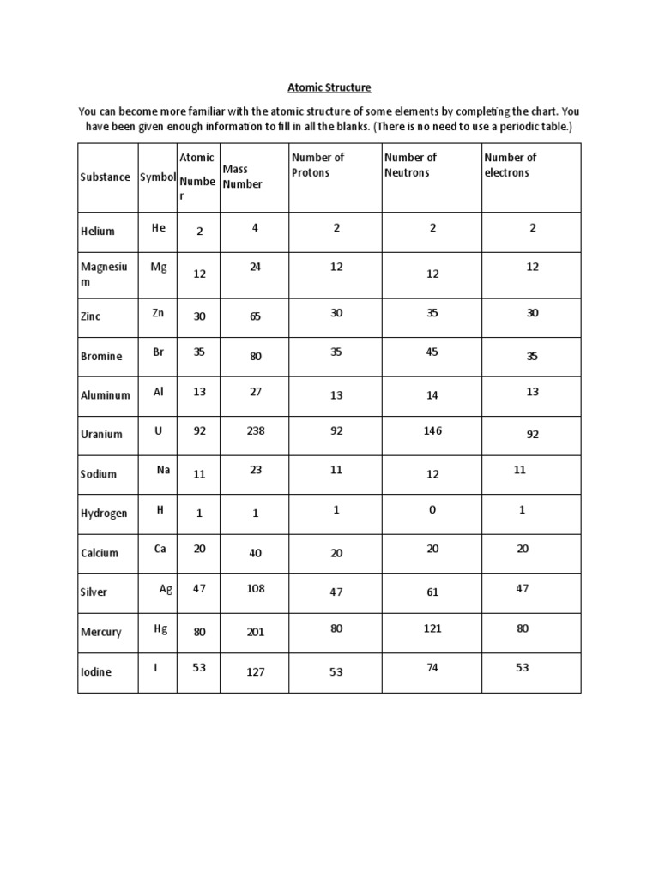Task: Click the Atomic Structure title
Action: point(329,87)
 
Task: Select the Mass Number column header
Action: point(242,177)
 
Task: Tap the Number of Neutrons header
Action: point(410,165)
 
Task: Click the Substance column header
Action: point(106,177)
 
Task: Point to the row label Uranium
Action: point(101,435)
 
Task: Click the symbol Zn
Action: point(158,313)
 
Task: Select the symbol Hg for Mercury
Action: point(160,628)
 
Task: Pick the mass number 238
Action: point(255,431)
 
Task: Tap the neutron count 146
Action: point(432,430)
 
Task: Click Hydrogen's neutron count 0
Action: point(432,509)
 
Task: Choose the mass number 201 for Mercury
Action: point(255,632)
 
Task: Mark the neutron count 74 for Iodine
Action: point(432,667)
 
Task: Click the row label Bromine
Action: point(101,356)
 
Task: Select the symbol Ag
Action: point(166,588)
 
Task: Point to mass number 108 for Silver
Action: point(255,588)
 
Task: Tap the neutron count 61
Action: point(432,592)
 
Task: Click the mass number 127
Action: point(255,672)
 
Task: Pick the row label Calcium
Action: point(100,553)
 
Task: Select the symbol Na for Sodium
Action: point(163,470)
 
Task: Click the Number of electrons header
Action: point(510,165)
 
